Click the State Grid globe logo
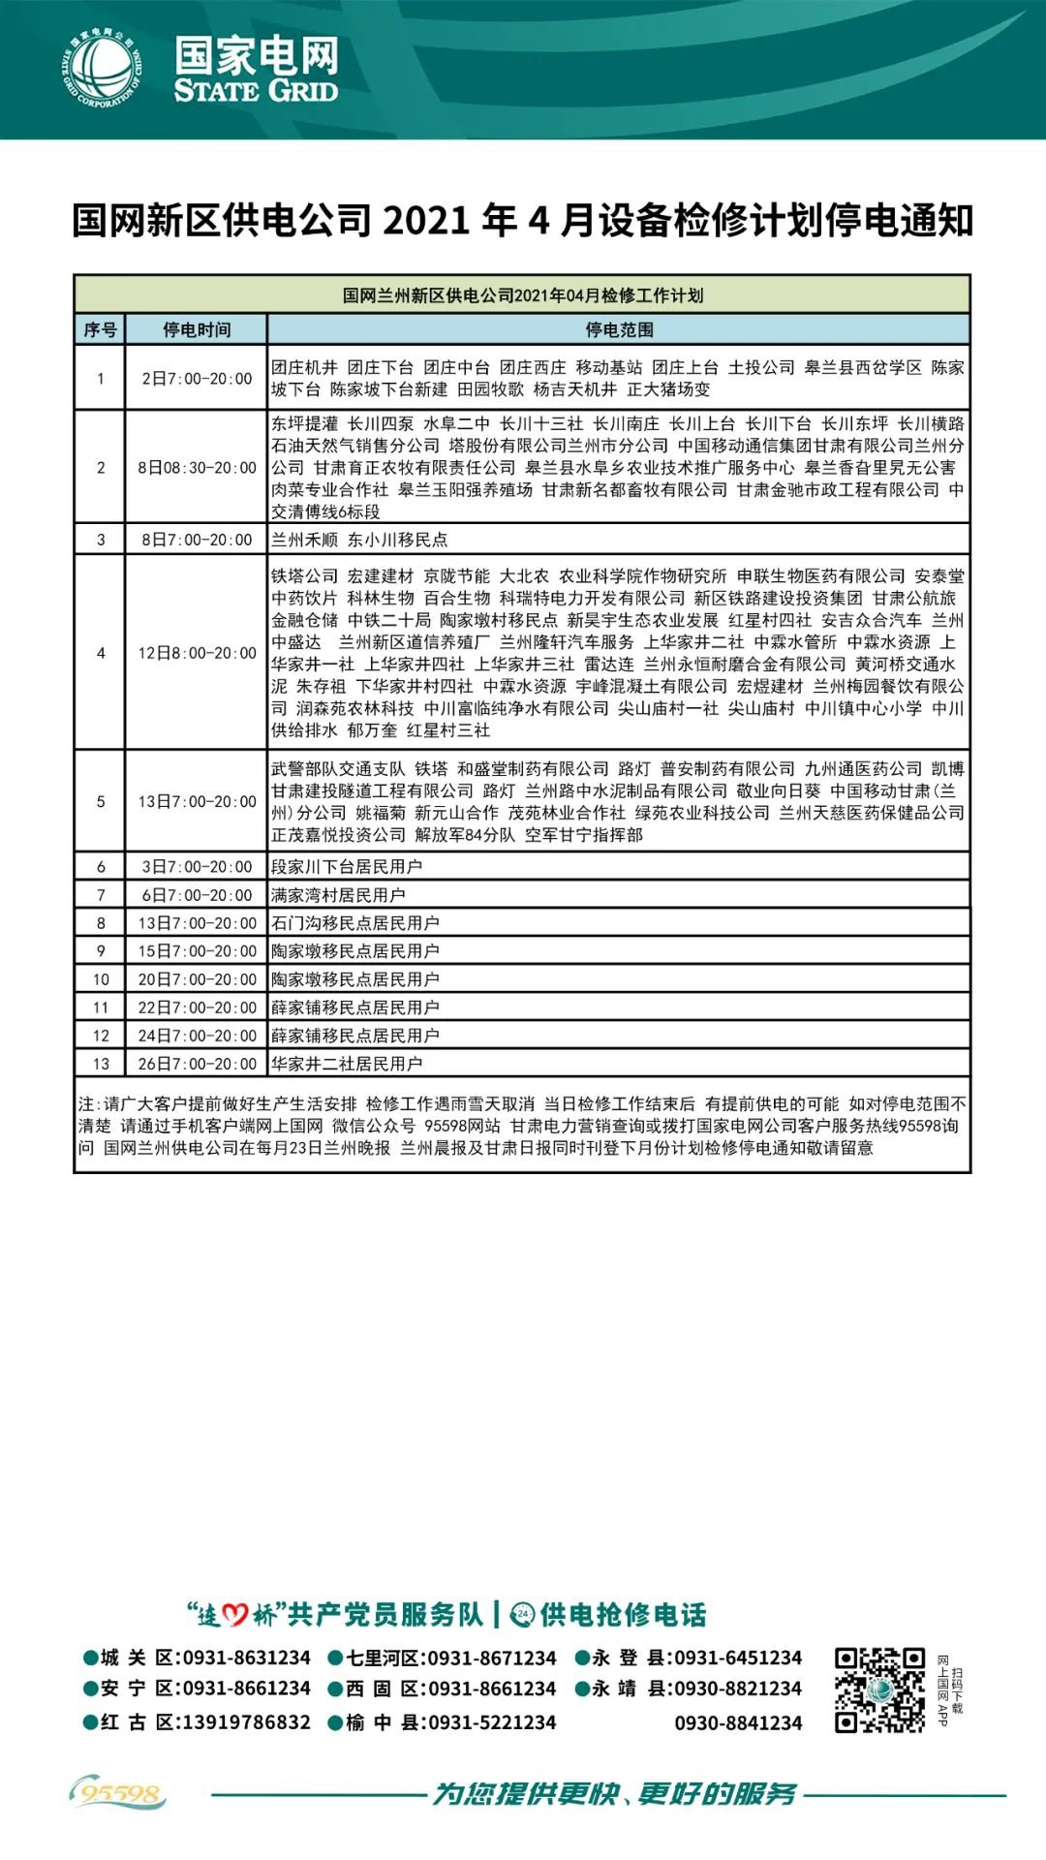pos(102,70)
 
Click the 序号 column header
pos(100,329)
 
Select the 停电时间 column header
pos(197,329)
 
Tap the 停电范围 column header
pos(619,329)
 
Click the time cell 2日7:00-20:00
pos(197,379)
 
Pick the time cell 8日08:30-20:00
pos(197,468)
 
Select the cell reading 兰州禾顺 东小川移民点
pos(359,540)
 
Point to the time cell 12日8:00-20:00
pos(197,653)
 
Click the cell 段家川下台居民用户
pos(347,867)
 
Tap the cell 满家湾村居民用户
pos(338,895)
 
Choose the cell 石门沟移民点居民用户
pos(355,923)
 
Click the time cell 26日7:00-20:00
pos(197,1064)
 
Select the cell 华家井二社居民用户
pos(347,1064)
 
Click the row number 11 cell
pos(101,1007)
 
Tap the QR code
pos(879,1690)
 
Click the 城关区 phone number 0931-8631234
pos(246,1658)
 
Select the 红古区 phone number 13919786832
pos(246,1722)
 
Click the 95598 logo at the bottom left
pos(118,1794)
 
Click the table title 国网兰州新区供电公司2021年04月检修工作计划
pos(523,295)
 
